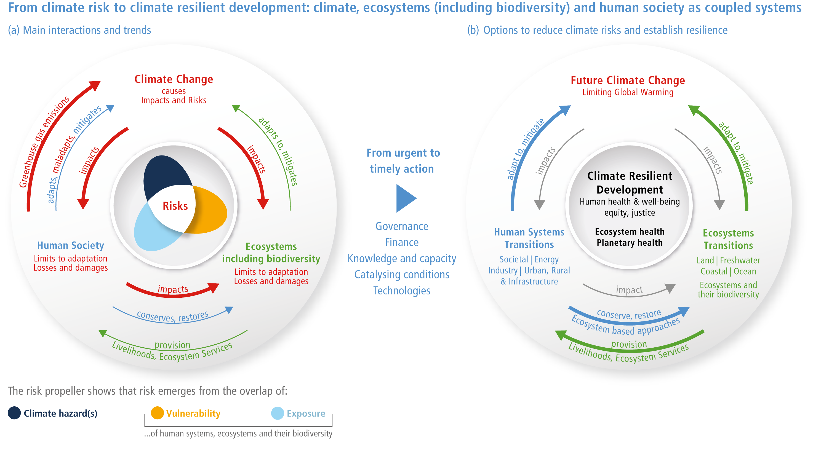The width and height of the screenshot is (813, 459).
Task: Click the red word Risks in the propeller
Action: [x=175, y=206]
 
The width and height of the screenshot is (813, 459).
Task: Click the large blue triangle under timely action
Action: [x=406, y=198]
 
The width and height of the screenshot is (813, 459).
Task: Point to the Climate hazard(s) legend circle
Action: [x=14, y=413]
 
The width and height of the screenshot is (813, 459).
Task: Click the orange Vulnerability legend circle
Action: [x=157, y=413]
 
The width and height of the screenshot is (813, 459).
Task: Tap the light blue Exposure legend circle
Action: [x=278, y=413]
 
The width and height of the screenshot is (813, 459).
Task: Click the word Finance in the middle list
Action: [x=402, y=242]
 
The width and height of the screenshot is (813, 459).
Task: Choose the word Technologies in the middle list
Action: [x=402, y=291]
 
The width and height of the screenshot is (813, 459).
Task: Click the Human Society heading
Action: [x=70, y=245]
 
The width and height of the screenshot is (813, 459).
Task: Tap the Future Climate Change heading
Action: [x=628, y=80]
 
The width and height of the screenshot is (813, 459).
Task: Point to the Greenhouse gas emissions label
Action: [x=44, y=142]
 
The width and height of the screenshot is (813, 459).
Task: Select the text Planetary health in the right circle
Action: [x=630, y=243]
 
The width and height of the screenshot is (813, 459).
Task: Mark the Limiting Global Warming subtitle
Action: [x=628, y=92]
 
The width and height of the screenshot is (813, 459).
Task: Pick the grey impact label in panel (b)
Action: [x=629, y=289]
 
